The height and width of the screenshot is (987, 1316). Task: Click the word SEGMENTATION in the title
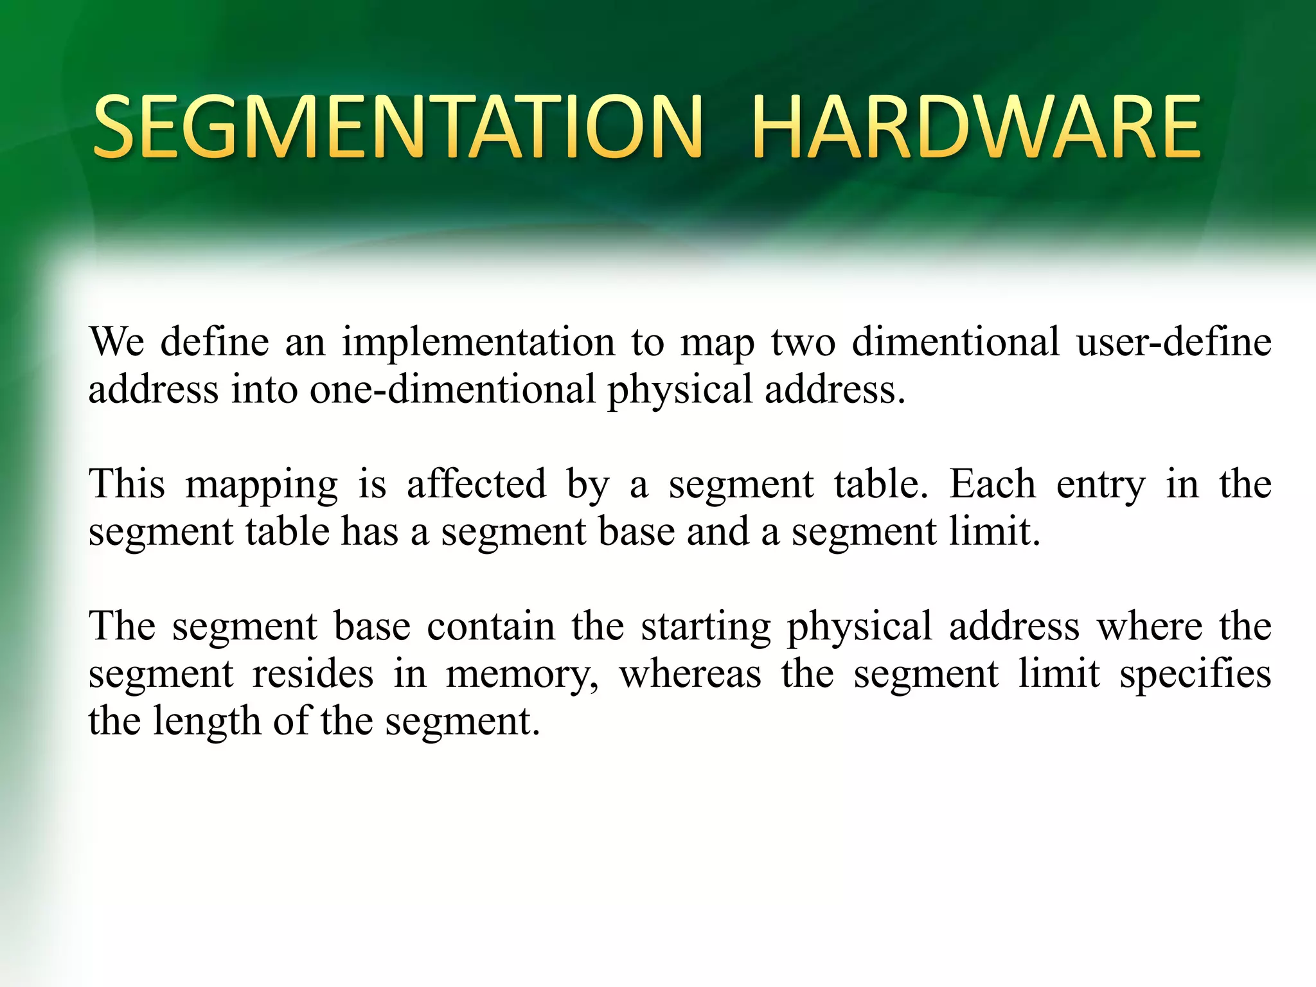click(398, 127)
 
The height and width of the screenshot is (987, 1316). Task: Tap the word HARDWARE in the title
click(975, 127)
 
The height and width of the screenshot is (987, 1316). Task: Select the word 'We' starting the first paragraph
click(116, 341)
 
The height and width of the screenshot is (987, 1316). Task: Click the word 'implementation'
click(479, 342)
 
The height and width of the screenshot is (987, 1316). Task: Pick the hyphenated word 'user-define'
click(1174, 341)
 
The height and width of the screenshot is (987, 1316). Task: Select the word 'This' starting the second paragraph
click(127, 483)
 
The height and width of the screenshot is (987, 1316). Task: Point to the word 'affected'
click(476, 483)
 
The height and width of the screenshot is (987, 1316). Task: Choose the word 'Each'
click(992, 483)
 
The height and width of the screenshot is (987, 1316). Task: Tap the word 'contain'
click(491, 626)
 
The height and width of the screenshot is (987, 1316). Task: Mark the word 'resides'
click(313, 673)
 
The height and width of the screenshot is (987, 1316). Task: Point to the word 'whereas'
click(690, 673)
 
